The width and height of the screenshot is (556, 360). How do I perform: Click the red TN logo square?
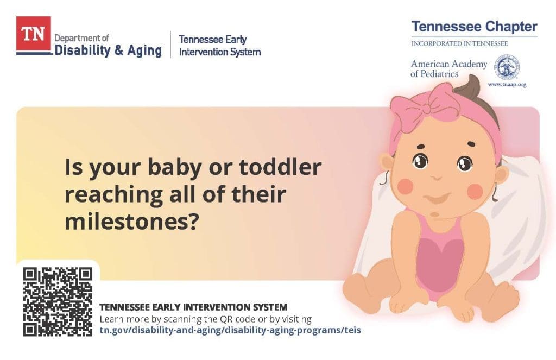coord(34,33)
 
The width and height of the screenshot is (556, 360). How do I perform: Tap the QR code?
coord(58,302)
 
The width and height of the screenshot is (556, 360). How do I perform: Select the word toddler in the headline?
coord(281,167)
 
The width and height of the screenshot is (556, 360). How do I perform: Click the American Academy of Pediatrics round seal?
coord(507,67)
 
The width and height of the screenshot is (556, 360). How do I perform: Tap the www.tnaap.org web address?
coord(507,84)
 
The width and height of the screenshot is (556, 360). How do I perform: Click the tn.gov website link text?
coord(230,330)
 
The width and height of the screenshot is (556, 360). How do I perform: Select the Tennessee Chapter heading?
coord(475,27)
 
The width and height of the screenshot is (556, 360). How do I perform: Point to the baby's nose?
coord(437,178)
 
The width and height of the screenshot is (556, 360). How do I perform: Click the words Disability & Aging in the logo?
coord(108,50)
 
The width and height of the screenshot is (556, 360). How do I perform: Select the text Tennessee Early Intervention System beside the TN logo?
coord(220,46)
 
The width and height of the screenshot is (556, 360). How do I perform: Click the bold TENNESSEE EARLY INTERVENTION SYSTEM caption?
coord(193,307)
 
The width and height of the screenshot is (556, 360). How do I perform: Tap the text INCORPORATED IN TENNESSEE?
coord(459,43)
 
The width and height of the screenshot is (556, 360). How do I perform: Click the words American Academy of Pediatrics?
coord(449,69)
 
